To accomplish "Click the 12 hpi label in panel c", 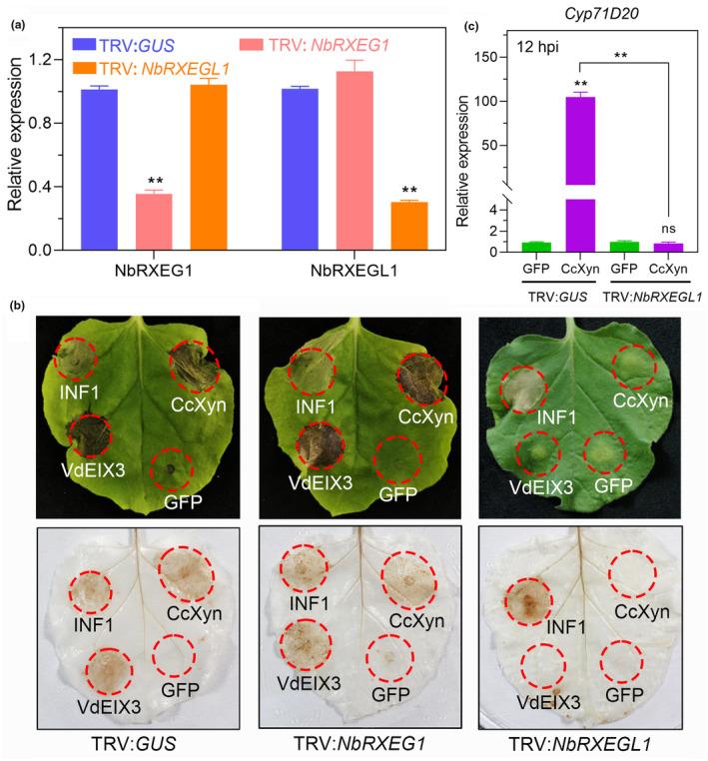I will click(x=511, y=46).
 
